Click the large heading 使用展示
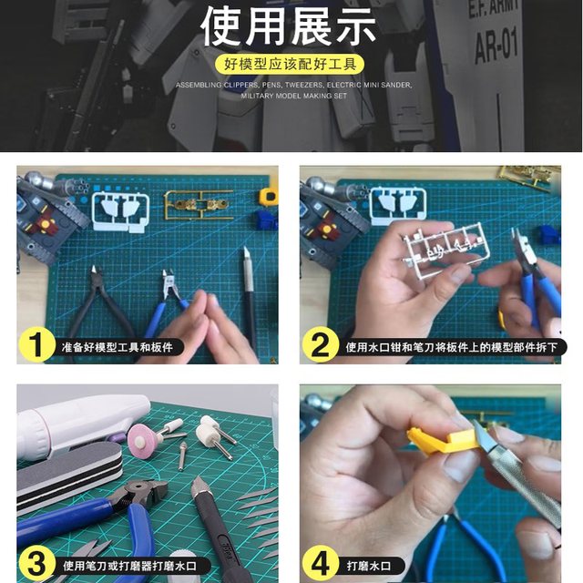tap(288, 26)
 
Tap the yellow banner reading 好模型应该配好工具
tap(290, 65)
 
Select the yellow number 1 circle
tap(36, 344)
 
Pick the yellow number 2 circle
tap(320, 344)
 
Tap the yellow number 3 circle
tap(36, 563)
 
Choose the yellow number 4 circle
tap(320, 563)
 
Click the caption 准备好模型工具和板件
tap(118, 347)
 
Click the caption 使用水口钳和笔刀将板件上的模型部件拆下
tap(452, 347)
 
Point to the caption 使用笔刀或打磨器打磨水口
tap(129, 566)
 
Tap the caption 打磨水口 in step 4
tap(368, 566)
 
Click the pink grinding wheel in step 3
tap(142, 439)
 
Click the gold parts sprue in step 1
tap(199, 205)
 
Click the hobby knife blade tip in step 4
tap(476, 423)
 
